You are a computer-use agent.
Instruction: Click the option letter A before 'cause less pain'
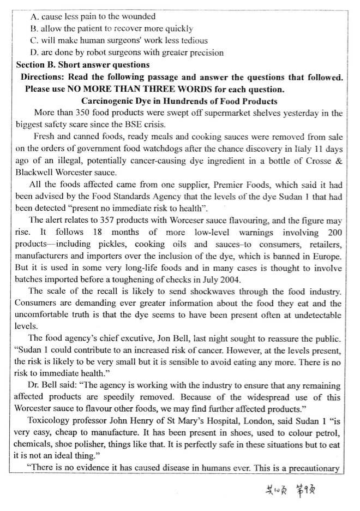35,17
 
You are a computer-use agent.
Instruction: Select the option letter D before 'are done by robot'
35,53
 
